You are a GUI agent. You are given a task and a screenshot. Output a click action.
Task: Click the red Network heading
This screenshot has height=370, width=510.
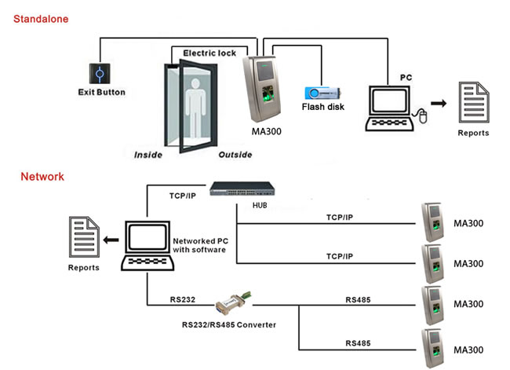[x=42, y=177]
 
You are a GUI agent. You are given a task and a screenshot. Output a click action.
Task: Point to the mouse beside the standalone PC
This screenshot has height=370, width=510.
[x=422, y=118]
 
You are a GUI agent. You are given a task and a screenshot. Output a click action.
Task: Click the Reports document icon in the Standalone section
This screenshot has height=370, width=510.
[x=473, y=102]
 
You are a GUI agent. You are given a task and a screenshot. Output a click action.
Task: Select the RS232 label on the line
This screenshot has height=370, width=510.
[x=181, y=299]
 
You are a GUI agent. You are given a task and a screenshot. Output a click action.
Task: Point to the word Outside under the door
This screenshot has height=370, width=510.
[x=235, y=154]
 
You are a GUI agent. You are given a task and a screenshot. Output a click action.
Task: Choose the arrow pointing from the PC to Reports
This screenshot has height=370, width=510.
[x=441, y=103]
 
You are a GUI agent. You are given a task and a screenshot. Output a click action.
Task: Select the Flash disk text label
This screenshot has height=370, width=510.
[x=324, y=108]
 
